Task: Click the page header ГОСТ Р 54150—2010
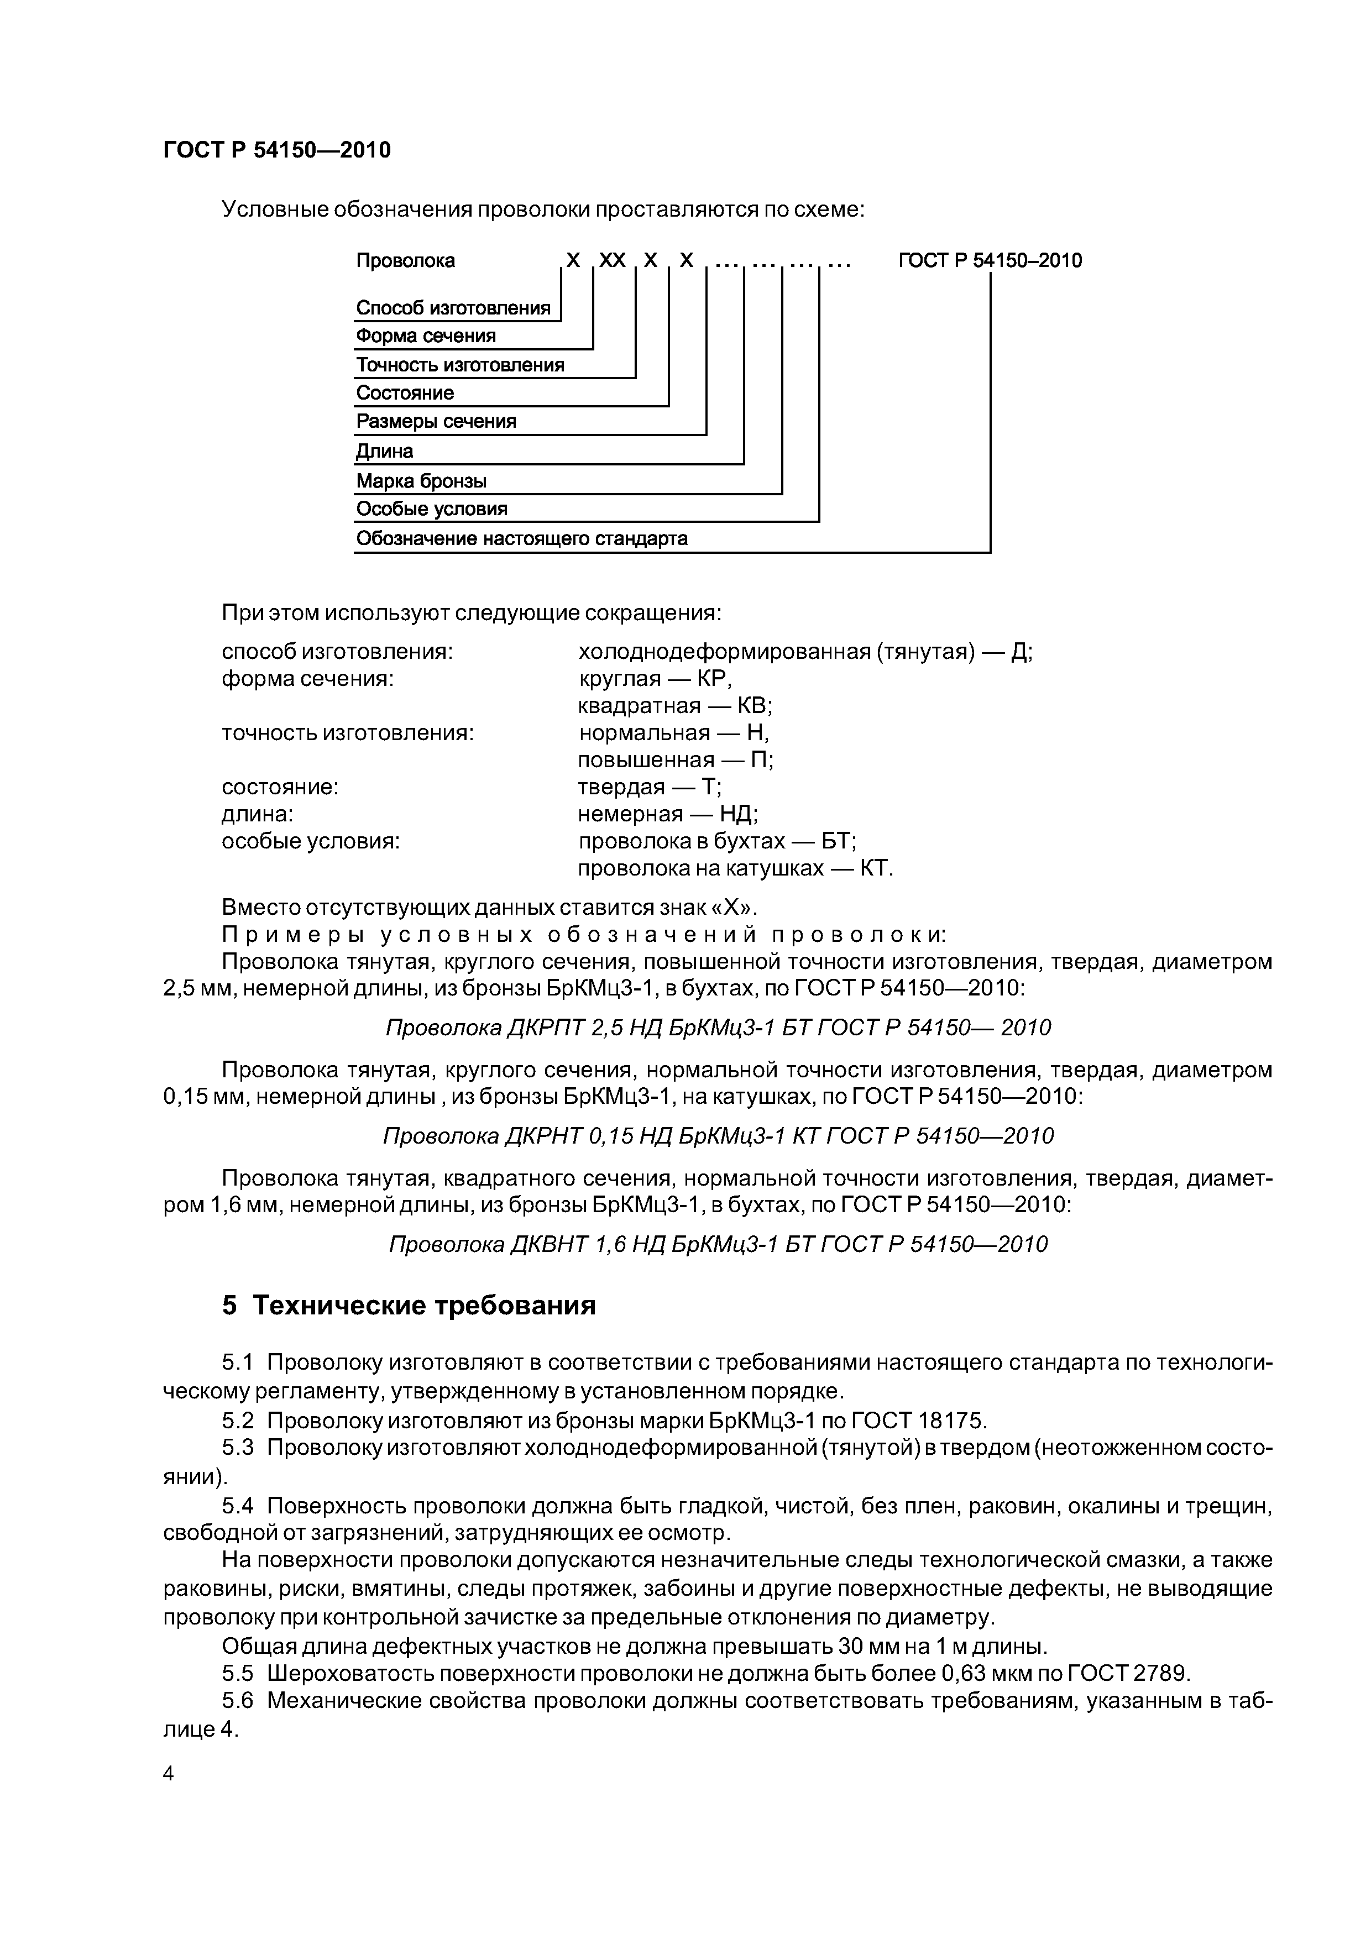[x=276, y=150]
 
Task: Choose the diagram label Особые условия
[x=432, y=509]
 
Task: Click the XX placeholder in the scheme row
[x=613, y=261]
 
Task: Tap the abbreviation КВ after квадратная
[x=755, y=706]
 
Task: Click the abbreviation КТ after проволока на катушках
[x=875, y=868]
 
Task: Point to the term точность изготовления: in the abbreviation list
[x=347, y=733]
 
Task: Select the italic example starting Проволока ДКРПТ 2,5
[x=718, y=1028]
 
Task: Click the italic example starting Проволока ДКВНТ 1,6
[x=718, y=1244]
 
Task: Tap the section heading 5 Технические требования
[x=409, y=1306]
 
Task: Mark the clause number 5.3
[x=237, y=1448]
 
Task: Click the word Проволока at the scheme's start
[x=405, y=261]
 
